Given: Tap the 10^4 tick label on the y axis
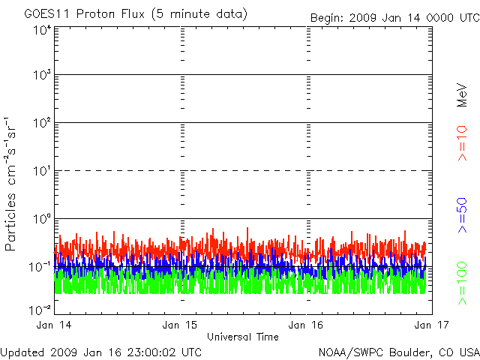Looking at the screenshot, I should tap(41, 29).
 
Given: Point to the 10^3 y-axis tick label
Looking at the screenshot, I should tap(41, 76).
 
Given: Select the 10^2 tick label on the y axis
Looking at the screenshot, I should tap(41, 123).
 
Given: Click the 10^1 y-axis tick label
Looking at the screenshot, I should tap(41, 171).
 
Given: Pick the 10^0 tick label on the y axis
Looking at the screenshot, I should tap(41, 219).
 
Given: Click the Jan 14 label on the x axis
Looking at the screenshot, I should tap(54, 325).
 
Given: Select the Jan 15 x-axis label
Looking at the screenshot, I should tap(181, 325).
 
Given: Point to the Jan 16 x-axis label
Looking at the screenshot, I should tap(307, 325).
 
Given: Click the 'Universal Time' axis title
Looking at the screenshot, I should tap(242, 337).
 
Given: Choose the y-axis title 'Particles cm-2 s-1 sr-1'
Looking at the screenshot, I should tap(12, 183).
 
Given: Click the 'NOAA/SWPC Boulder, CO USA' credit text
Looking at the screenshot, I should tap(398, 352).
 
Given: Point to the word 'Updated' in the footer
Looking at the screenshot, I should tap(22, 352).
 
